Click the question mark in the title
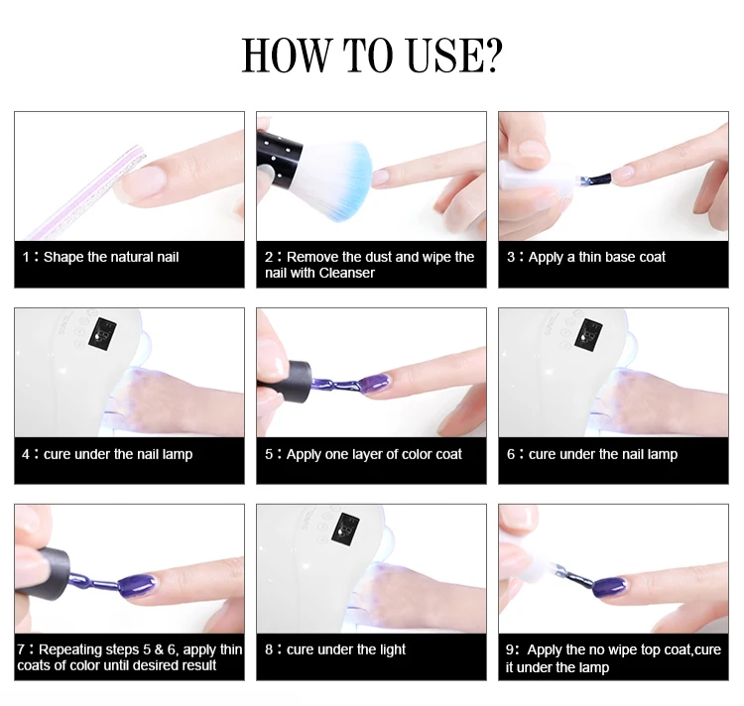click(x=491, y=55)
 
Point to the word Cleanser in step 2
click(x=347, y=273)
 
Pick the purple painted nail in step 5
click(x=374, y=383)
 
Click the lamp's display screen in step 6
click(x=588, y=332)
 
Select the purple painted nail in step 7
click(x=137, y=586)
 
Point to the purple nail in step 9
click(x=611, y=587)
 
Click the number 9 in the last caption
click(x=510, y=650)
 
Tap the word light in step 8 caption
click(x=391, y=650)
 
